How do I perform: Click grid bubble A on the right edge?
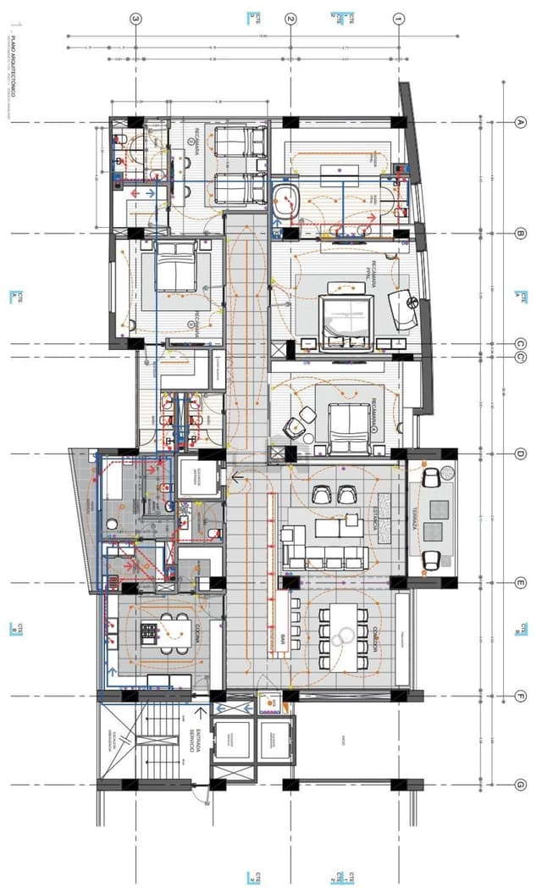click(x=521, y=121)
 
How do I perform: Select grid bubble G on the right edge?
click(x=521, y=785)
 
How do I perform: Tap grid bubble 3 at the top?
click(x=135, y=18)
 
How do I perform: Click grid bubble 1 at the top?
click(x=399, y=18)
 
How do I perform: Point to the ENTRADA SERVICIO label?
click(x=193, y=742)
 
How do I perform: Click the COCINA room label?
click(x=196, y=631)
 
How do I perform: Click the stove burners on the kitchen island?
click(x=149, y=631)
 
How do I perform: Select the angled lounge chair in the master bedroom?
click(x=405, y=310)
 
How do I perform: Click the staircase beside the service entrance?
click(x=152, y=742)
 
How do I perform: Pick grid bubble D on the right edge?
click(x=521, y=454)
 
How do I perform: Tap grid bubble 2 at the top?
click(x=290, y=18)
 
